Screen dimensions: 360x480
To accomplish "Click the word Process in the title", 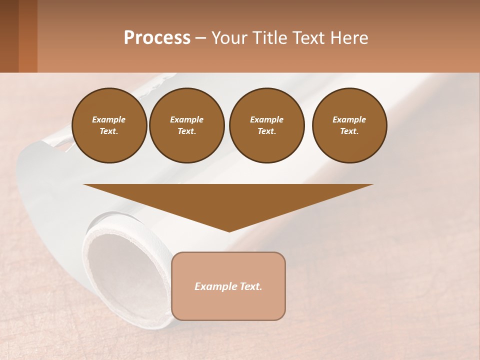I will (x=157, y=38).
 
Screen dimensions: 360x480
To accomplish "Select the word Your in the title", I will (x=228, y=38).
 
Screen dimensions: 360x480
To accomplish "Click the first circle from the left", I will (x=109, y=125).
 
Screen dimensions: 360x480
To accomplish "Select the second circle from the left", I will (x=187, y=125).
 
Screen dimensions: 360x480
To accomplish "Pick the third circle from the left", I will (x=267, y=125).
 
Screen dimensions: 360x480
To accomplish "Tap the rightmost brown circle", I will (x=349, y=125).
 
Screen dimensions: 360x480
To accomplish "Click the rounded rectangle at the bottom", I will (x=228, y=286).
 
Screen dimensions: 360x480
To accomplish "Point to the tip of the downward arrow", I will (x=229, y=230).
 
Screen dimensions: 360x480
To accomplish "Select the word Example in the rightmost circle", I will (x=349, y=119).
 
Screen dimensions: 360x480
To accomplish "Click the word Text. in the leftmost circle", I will (x=109, y=131).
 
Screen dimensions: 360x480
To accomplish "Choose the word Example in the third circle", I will (x=267, y=119).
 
